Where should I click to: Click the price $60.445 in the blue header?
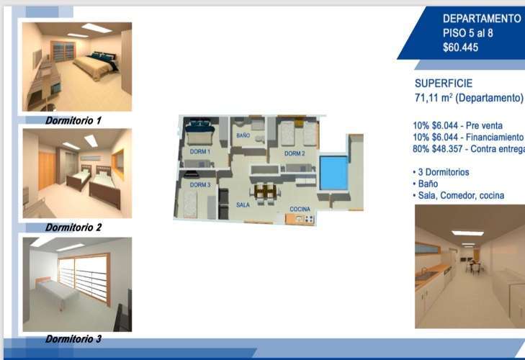pyautogui.click(x=460, y=48)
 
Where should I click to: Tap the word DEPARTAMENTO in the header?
pyautogui.click(x=482, y=19)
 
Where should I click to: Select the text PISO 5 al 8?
pyautogui.click(x=467, y=33)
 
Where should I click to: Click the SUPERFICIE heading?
pyautogui.click(x=444, y=83)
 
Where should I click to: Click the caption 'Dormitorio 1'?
pyautogui.click(x=73, y=120)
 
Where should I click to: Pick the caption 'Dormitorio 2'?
pyautogui.click(x=73, y=228)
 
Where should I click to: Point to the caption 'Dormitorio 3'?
pyautogui.click(x=73, y=339)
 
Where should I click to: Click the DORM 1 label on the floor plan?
pyautogui.click(x=200, y=152)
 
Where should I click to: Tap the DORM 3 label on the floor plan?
pyautogui.click(x=200, y=185)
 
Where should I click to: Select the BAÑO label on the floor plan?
pyautogui.click(x=243, y=135)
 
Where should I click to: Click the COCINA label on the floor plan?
pyautogui.click(x=300, y=209)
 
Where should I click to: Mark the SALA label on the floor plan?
pyautogui.click(x=243, y=204)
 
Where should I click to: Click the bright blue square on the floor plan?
pyautogui.click(x=333, y=173)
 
